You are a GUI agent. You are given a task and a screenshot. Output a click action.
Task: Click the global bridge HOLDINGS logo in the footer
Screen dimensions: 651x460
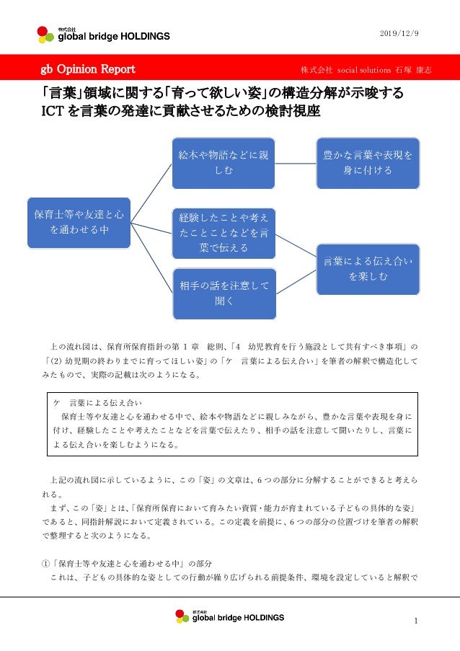tap(229, 616)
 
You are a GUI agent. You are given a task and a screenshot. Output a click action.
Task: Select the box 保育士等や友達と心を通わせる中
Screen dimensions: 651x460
tap(79, 221)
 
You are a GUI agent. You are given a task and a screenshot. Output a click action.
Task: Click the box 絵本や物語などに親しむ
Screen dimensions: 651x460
tap(224, 162)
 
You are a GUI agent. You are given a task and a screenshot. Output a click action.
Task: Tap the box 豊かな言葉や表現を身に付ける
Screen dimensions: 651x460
tap(368, 162)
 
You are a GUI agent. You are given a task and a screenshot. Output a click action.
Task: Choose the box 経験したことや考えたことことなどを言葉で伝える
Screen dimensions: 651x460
tap(224, 232)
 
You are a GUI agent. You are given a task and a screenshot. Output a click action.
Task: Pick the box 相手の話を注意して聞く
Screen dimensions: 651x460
tap(224, 293)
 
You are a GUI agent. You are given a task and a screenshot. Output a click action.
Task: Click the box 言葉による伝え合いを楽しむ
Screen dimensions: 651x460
tap(368, 268)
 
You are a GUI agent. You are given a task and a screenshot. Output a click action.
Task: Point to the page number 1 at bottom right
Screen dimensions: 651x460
tap(417, 621)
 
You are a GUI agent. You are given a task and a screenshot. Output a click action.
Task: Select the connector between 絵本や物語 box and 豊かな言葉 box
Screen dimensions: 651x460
tap(296, 162)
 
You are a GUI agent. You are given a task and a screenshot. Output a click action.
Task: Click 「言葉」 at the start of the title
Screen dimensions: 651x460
tap(60, 94)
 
